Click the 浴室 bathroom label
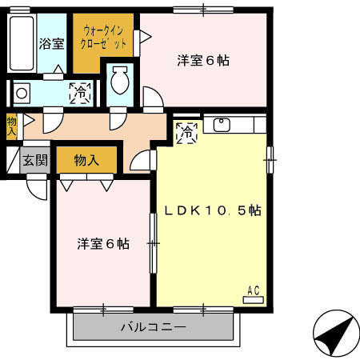[x=53, y=44]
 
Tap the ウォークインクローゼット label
[x=102, y=38]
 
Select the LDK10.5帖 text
[x=213, y=210]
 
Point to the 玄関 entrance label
[x=35, y=159]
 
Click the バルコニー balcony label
[x=154, y=327]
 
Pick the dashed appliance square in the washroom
[x=80, y=93]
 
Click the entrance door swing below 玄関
[x=36, y=188]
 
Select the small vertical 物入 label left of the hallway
[x=12, y=126]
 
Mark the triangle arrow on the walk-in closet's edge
[x=145, y=36]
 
